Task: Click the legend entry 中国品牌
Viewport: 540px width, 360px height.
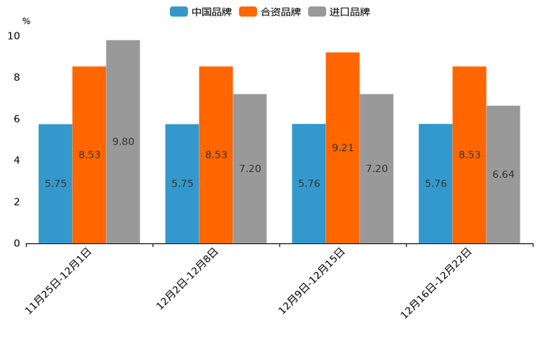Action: [201, 12]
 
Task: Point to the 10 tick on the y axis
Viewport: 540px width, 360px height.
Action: [14, 36]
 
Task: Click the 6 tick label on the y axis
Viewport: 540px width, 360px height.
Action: [17, 119]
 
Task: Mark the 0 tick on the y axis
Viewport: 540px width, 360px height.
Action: [17, 243]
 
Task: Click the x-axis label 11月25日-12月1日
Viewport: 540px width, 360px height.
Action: [59, 280]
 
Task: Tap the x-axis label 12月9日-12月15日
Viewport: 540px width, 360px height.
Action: [313, 280]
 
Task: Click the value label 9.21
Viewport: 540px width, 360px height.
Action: [343, 147]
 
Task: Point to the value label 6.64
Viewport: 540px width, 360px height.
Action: [503, 174]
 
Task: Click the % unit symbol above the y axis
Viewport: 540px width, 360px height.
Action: [26, 21]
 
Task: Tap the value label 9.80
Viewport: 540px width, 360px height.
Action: [123, 142]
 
